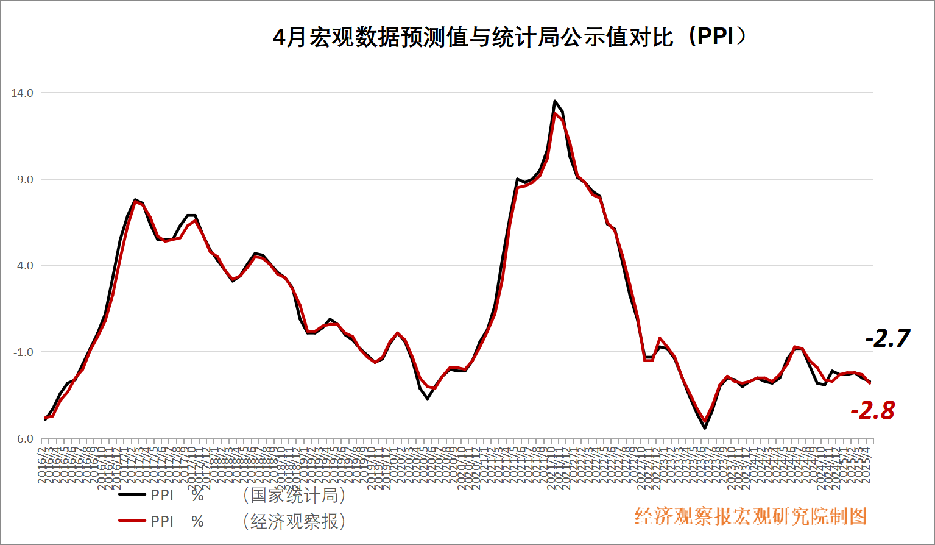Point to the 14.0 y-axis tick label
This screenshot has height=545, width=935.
click(22, 93)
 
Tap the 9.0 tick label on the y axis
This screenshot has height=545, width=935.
click(25, 180)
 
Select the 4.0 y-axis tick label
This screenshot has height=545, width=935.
click(25, 266)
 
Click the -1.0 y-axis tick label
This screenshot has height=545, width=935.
click(23, 352)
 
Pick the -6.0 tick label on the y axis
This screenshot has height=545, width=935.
click(23, 439)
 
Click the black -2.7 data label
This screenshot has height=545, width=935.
click(887, 338)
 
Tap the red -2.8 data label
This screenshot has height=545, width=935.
click(872, 411)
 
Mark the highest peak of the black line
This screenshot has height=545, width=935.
click(554, 101)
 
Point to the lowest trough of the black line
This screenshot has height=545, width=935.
click(705, 428)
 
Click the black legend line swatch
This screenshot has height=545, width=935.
click(132, 495)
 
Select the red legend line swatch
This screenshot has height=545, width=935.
click(132, 521)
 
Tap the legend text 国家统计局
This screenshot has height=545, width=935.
click(294, 495)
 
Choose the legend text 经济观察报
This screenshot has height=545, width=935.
click(294, 521)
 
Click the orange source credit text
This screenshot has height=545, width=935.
click(750, 516)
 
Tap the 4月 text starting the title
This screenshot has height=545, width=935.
click(289, 38)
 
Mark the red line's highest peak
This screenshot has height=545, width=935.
click(555, 113)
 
